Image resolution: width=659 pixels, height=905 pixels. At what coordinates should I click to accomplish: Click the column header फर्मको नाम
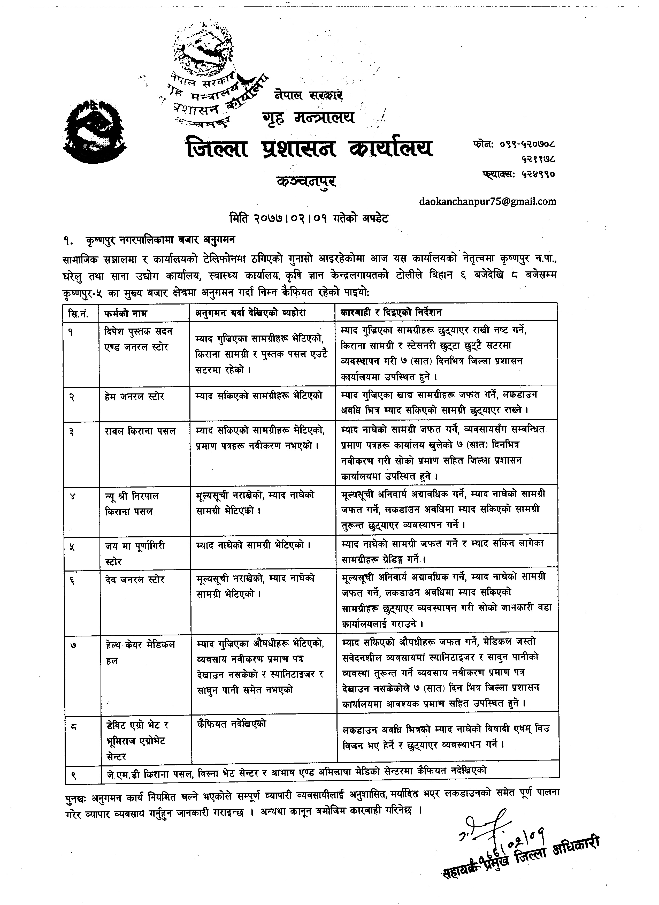pos(126,313)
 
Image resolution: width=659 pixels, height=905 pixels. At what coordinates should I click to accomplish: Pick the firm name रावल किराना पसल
pos(140,431)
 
